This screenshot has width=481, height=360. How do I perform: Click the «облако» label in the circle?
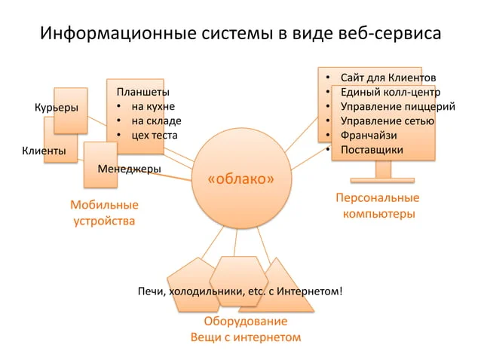pos(240,179)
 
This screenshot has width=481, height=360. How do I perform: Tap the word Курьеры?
pos(57,108)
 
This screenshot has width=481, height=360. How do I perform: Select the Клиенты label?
pos(44,151)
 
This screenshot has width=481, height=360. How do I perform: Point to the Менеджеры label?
pos(129,169)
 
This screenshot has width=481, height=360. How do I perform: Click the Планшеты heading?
pos(143,92)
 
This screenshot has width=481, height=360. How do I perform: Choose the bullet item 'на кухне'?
pos(153,106)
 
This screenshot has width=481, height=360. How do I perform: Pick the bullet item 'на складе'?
pos(157,121)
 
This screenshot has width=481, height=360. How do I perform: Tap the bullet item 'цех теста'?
pos(155,136)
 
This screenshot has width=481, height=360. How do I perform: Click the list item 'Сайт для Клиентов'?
pos(388,78)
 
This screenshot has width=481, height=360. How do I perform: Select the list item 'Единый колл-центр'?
pos(391,92)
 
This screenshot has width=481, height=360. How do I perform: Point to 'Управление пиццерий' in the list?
pos(398,107)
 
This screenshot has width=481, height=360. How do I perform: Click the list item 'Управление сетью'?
pos(388,121)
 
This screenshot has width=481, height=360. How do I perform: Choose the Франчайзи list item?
pos(369,136)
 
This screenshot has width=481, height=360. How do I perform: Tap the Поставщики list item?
pos(372,150)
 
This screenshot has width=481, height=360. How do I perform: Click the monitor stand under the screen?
pos(383,172)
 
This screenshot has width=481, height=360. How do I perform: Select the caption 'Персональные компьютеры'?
pos(378,206)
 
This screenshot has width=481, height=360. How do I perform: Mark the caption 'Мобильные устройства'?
pos(104,213)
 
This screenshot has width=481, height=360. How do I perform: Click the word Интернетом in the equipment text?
pos(309,291)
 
